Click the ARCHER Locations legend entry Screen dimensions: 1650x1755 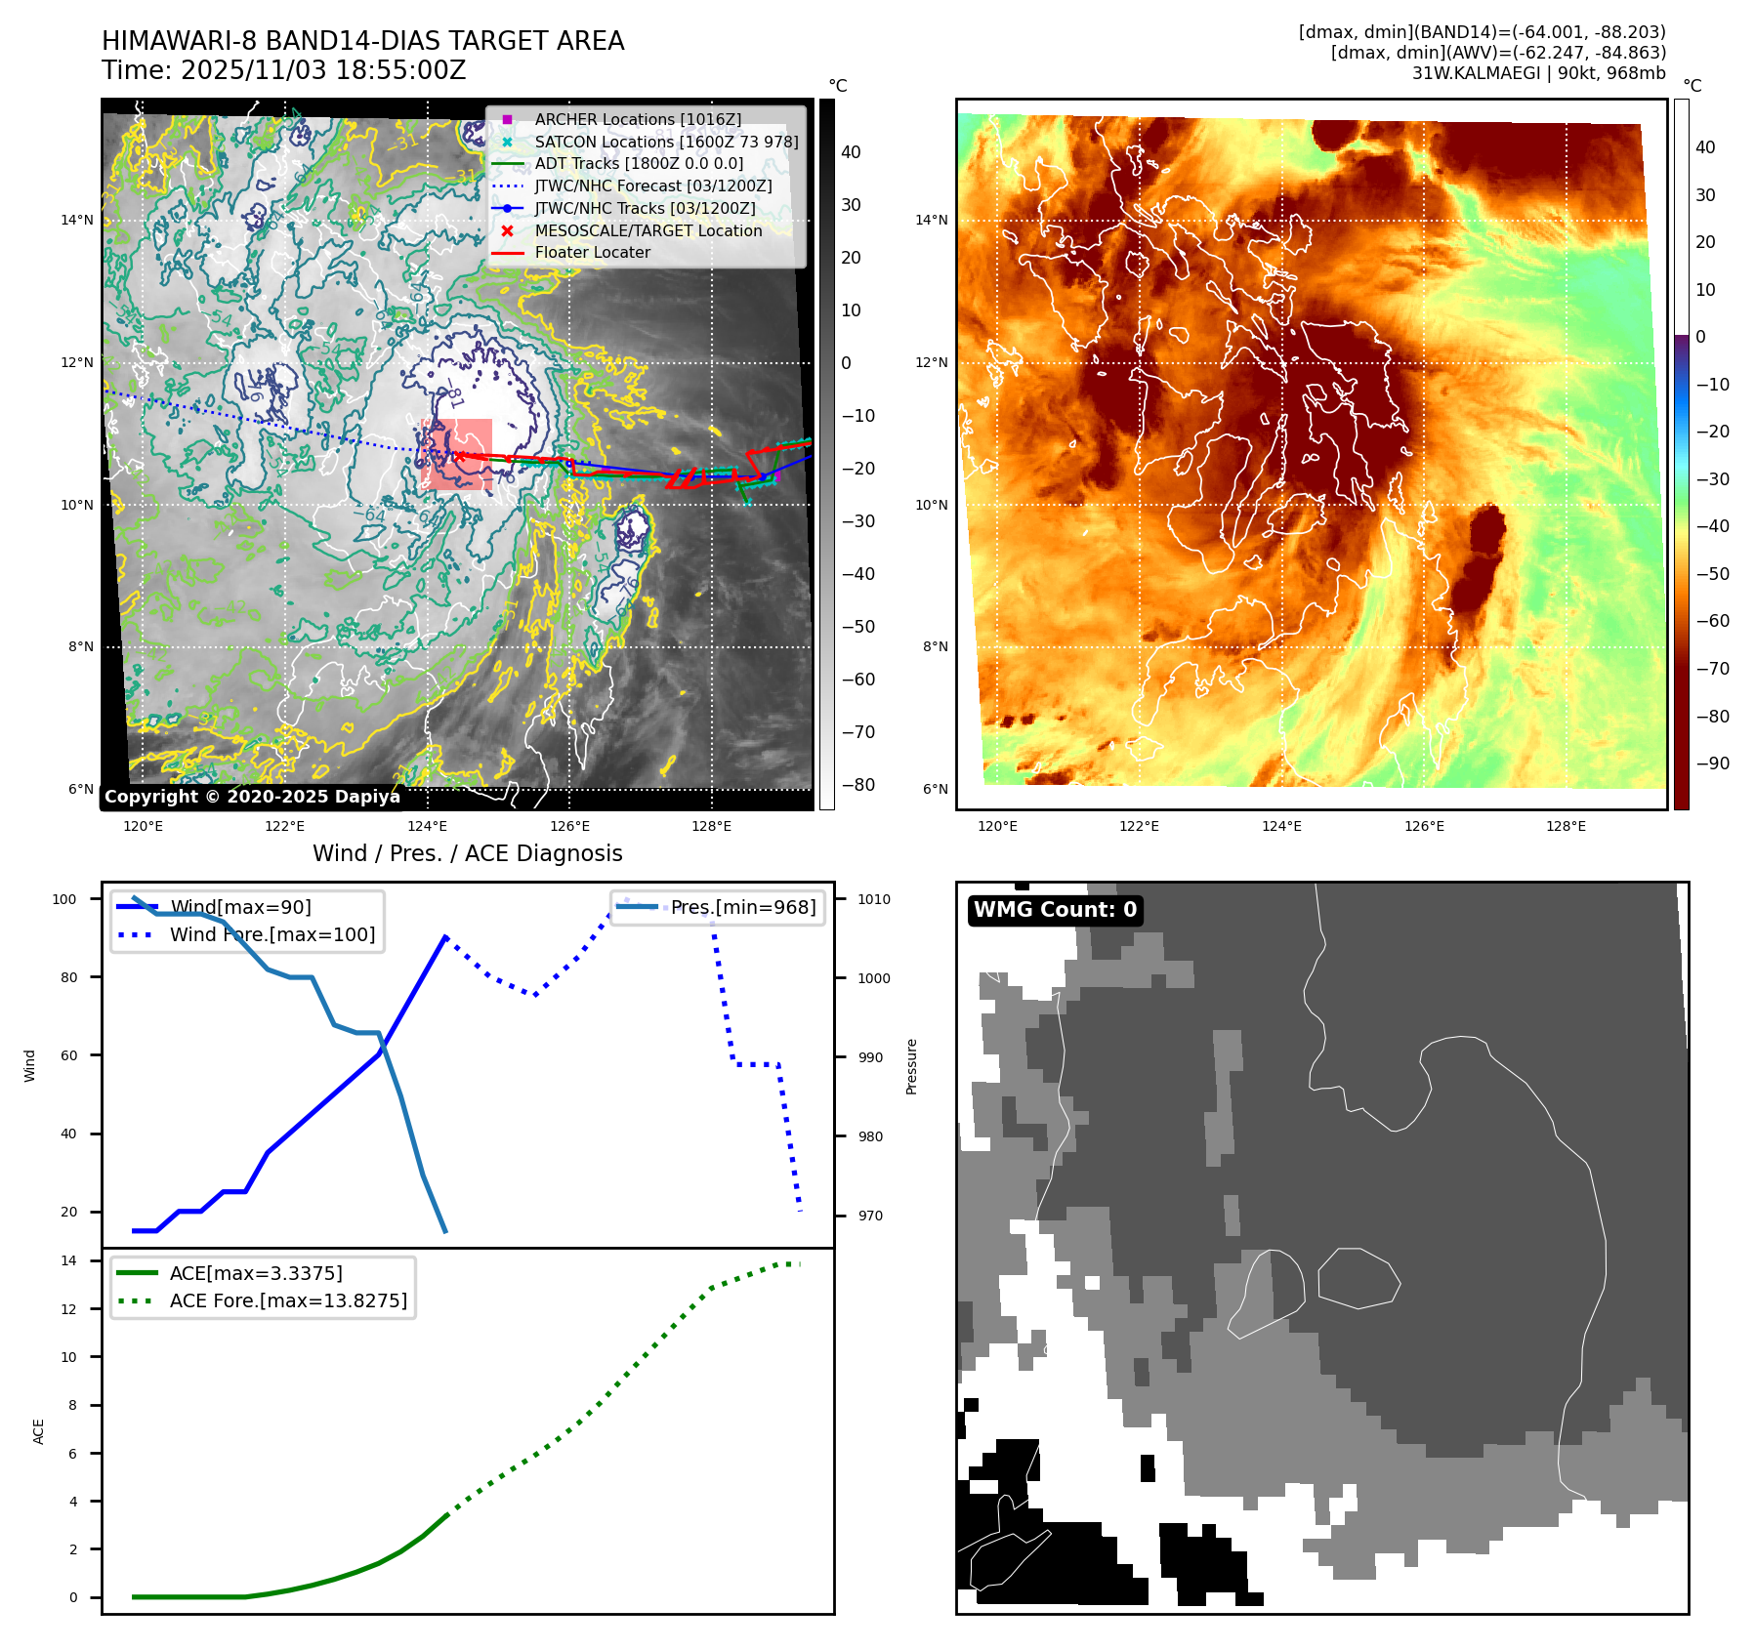pyautogui.click(x=637, y=119)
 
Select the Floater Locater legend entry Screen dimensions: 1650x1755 pyautogui.click(x=592, y=252)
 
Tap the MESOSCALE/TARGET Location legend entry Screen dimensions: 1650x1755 pyautogui.click(x=648, y=230)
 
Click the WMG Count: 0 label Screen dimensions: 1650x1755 pyautogui.click(x=1055, y=910)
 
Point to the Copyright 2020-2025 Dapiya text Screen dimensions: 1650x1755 pyautogui.click(x=252, y=797)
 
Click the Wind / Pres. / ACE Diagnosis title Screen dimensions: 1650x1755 pyautogui.click(x=467, y=853)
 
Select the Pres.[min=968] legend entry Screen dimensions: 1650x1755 pyautogui.click(x=742, y=907)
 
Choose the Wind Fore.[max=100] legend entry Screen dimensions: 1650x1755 pyautogui.click(x=272, y=934)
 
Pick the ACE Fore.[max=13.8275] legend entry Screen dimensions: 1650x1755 pyautogui.click(x=288, y=1300)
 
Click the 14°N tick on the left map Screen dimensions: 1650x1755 pyautogui.click(x=77, y=220)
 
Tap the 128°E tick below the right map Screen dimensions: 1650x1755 pyautogui.click(x=1566, y=826)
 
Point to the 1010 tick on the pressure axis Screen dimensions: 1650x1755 pyautogui.click(x=874, y=899)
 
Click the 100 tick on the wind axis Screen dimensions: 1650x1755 pyautogui.click(x=64, y=899)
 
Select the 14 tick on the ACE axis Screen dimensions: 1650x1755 pyautogui.click(x=68, y=1260)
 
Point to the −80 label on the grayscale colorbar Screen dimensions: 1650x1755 pyautogui.click(x=858, y=785)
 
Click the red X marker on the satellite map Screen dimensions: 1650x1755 pyautogui.click(x=458, y=456)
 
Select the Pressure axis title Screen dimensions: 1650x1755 pyautogui.click(x=911, y=1065)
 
